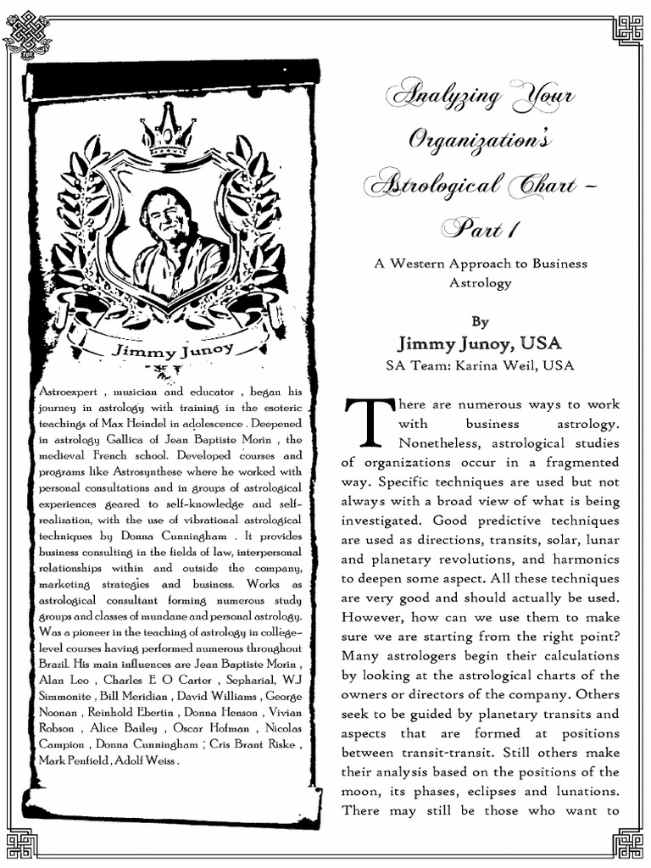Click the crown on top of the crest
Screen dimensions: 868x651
pos(168,131)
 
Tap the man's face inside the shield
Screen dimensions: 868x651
pos(166,215)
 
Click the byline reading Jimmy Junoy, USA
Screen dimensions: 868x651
pos(481,343)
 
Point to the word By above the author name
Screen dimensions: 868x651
pos(481,321)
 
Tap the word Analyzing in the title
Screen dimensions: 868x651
pos(431,95)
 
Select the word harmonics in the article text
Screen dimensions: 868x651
pos(588,559)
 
